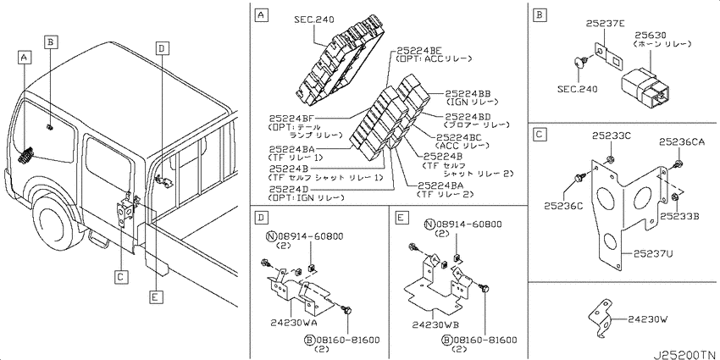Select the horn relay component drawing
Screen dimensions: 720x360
point(643,88)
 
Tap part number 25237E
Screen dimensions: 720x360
point(605,23)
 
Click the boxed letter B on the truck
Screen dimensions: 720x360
point(51,42)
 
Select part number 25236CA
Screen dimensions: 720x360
point(681,142)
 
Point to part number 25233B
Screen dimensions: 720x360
point(679,215)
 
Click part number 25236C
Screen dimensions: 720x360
point(564,207)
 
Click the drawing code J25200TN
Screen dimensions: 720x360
point(685,354)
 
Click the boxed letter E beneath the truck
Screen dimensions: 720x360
point(156,297)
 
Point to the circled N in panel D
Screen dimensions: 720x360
point(270,236)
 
